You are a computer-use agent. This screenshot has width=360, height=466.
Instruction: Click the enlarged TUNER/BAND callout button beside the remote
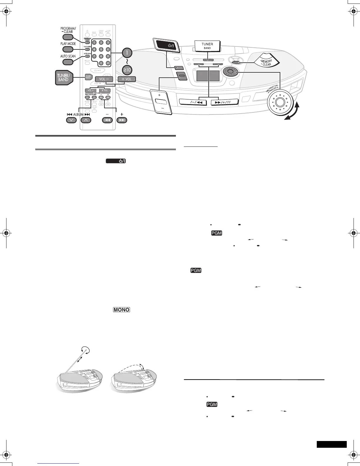tap(64, 78)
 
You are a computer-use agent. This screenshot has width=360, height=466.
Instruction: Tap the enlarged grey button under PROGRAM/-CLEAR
tap(68, 37)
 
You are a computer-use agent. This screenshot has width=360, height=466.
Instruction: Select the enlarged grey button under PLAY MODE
tap(68, 49)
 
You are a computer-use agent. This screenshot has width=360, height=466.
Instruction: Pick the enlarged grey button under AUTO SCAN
tap(68, 62)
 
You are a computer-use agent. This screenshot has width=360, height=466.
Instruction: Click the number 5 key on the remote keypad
tap(101, 49)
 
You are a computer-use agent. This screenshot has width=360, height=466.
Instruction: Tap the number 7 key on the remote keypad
tap(94, 56)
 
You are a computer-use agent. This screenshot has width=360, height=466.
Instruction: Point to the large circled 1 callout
tap(127, 53)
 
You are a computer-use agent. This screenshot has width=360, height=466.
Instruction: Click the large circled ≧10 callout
tap(127, 70)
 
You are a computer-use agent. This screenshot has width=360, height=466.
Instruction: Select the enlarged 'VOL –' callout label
tap(104, 79)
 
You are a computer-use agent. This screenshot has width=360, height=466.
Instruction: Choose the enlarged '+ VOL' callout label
tap(126, 79)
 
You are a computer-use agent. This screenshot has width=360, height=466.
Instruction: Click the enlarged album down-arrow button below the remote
tap(71, 120)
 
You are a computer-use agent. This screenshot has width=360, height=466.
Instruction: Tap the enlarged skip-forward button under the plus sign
tap(122, 120)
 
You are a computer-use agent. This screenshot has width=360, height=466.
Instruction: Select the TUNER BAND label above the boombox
tap(207, 46)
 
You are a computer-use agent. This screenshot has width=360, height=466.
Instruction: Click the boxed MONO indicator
tap(121, 310)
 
